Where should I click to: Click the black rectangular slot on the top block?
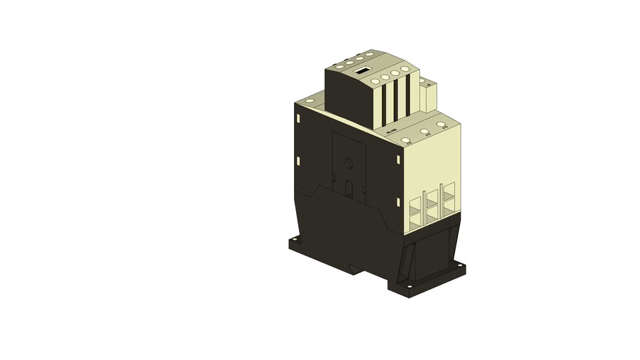pos(362,70)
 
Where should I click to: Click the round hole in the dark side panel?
pos(349,163)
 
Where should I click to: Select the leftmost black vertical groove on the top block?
pos(385,105)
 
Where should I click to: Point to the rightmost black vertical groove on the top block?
pos(407,94)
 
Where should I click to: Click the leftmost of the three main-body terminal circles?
pos(406,140)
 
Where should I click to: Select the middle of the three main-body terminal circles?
pos(424,131)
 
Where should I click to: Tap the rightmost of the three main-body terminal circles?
pos(441,124)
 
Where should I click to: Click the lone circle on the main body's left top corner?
pos(307,103)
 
